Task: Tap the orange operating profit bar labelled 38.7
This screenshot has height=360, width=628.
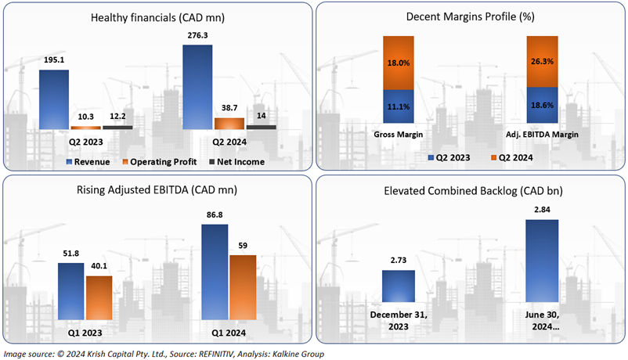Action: (x=229, y=123)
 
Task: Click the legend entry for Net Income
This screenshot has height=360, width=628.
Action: (x=238, y=161)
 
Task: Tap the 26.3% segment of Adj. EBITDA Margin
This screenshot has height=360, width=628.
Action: (x=543, y=67)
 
